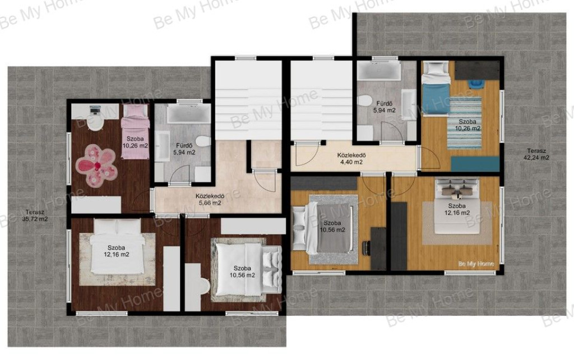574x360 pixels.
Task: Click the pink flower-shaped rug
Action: point(96,165)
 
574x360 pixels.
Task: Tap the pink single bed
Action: point(135,131)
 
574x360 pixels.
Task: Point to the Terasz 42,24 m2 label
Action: point(536,154)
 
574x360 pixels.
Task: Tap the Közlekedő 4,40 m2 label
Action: point(351,159)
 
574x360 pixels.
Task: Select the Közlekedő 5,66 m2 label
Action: point(210,199)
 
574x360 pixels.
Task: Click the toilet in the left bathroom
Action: point(203,141)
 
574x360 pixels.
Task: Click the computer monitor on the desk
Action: point(95,109)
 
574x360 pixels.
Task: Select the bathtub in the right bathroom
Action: point(378,71)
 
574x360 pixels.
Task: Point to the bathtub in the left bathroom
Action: point(188,113)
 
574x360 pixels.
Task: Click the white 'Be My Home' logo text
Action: point(476,264)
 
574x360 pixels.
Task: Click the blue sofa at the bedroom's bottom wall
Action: point(475,164)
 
